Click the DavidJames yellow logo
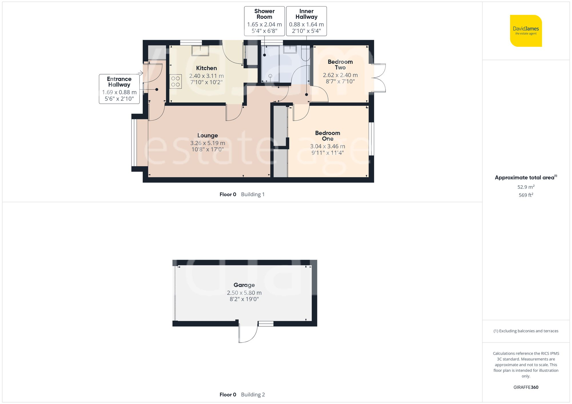[526, 31]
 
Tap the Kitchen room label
[206, 68]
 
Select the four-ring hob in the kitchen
[176, 81]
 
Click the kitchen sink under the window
[200, 51]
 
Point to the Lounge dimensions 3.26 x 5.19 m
[208, 143]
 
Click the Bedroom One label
[327, 136]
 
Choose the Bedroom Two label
[340, 65]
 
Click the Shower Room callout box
[264, 21]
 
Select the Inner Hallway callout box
[306, 21]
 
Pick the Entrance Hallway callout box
[119, 89]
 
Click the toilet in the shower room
[305, 54]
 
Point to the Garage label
[244, 285]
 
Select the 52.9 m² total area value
[526, 187]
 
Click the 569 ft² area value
[526, 195]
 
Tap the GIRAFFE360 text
[526, 387]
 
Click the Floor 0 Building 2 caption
[242, 395]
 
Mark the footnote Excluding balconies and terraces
[526, 331]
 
